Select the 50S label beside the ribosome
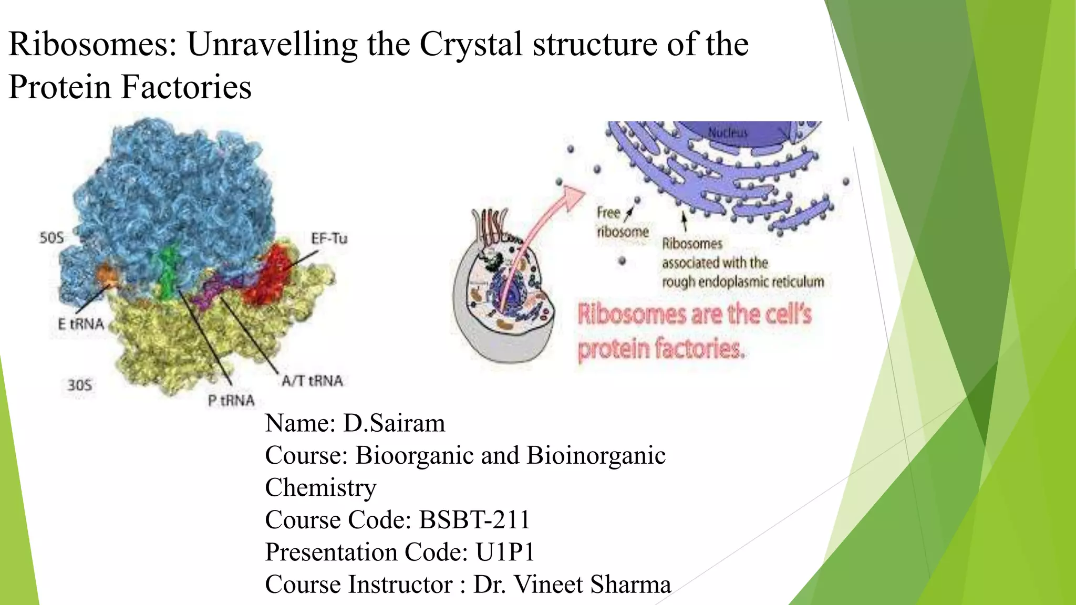(51, 238)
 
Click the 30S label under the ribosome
(80, 385)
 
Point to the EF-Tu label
(329, 239)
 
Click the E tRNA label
(81, 324)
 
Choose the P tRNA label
(231, 401)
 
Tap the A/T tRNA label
(312, 381)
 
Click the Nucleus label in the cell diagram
(727, 132)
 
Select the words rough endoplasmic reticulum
(742, 282)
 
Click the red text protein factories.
(660, 349)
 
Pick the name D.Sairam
(394, 423)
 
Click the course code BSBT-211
(474, 520)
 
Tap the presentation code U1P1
(505, 552)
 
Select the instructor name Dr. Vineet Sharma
(572, 585)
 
